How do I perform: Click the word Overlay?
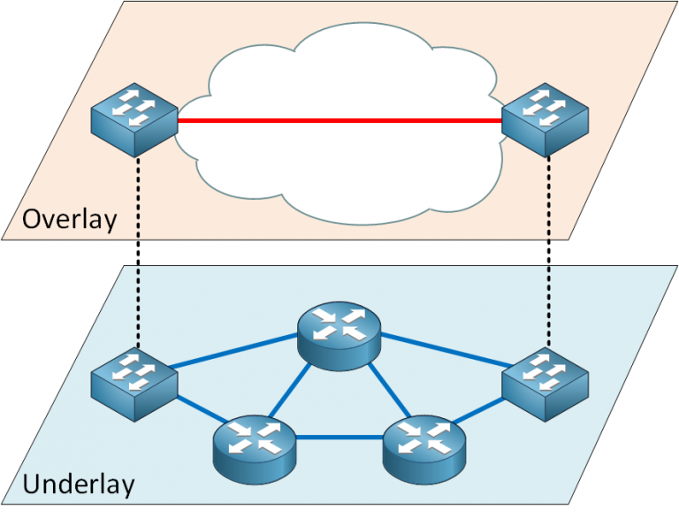69,218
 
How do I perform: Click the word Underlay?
79,484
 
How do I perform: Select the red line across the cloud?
339,121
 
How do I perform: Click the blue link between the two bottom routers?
339,437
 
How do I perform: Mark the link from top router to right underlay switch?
442,353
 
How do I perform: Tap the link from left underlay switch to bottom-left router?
195,411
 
